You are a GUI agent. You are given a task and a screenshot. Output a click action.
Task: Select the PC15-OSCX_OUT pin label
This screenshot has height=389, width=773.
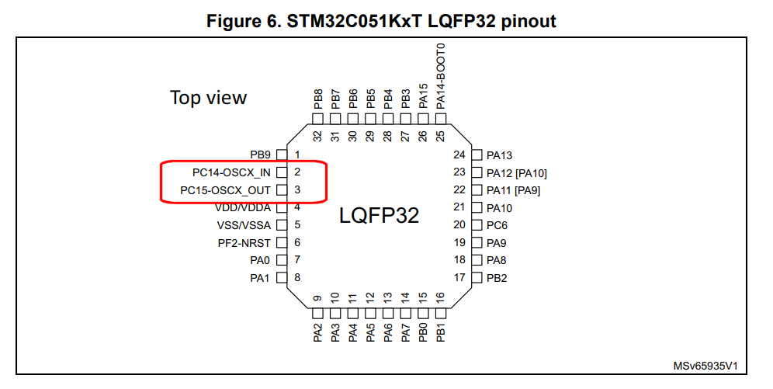click(x=225, y=190)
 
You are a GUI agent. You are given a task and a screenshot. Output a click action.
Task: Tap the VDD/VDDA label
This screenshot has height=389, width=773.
click(x=242, y=207)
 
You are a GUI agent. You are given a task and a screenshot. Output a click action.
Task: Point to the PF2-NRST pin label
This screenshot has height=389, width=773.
click(x=244, y=242)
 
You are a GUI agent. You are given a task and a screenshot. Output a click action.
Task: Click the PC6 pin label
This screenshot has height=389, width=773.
click(x=497, y=225)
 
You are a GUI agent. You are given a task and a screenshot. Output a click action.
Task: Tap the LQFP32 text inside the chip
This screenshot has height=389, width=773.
click(x=379, y=215)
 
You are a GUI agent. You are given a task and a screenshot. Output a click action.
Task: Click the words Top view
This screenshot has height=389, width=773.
click(x=208, y=98)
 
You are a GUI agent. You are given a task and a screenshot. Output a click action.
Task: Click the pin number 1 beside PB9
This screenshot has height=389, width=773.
click(x=297, y=155)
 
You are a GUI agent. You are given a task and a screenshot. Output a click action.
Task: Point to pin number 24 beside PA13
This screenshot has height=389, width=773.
click(x=459, y=155)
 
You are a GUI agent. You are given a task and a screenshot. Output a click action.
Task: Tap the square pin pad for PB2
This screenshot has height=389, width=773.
click(x=477, y=277)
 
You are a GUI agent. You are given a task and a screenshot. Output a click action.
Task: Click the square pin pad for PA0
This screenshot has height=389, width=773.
click(x=282, y=260)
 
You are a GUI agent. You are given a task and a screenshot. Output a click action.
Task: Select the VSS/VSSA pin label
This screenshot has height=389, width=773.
click(x=244, y=225)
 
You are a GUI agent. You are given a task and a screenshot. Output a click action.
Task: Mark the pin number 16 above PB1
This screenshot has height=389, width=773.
click(x=441, y=297)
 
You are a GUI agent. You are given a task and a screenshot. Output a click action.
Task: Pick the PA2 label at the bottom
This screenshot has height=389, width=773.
click(x=317, y=332)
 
